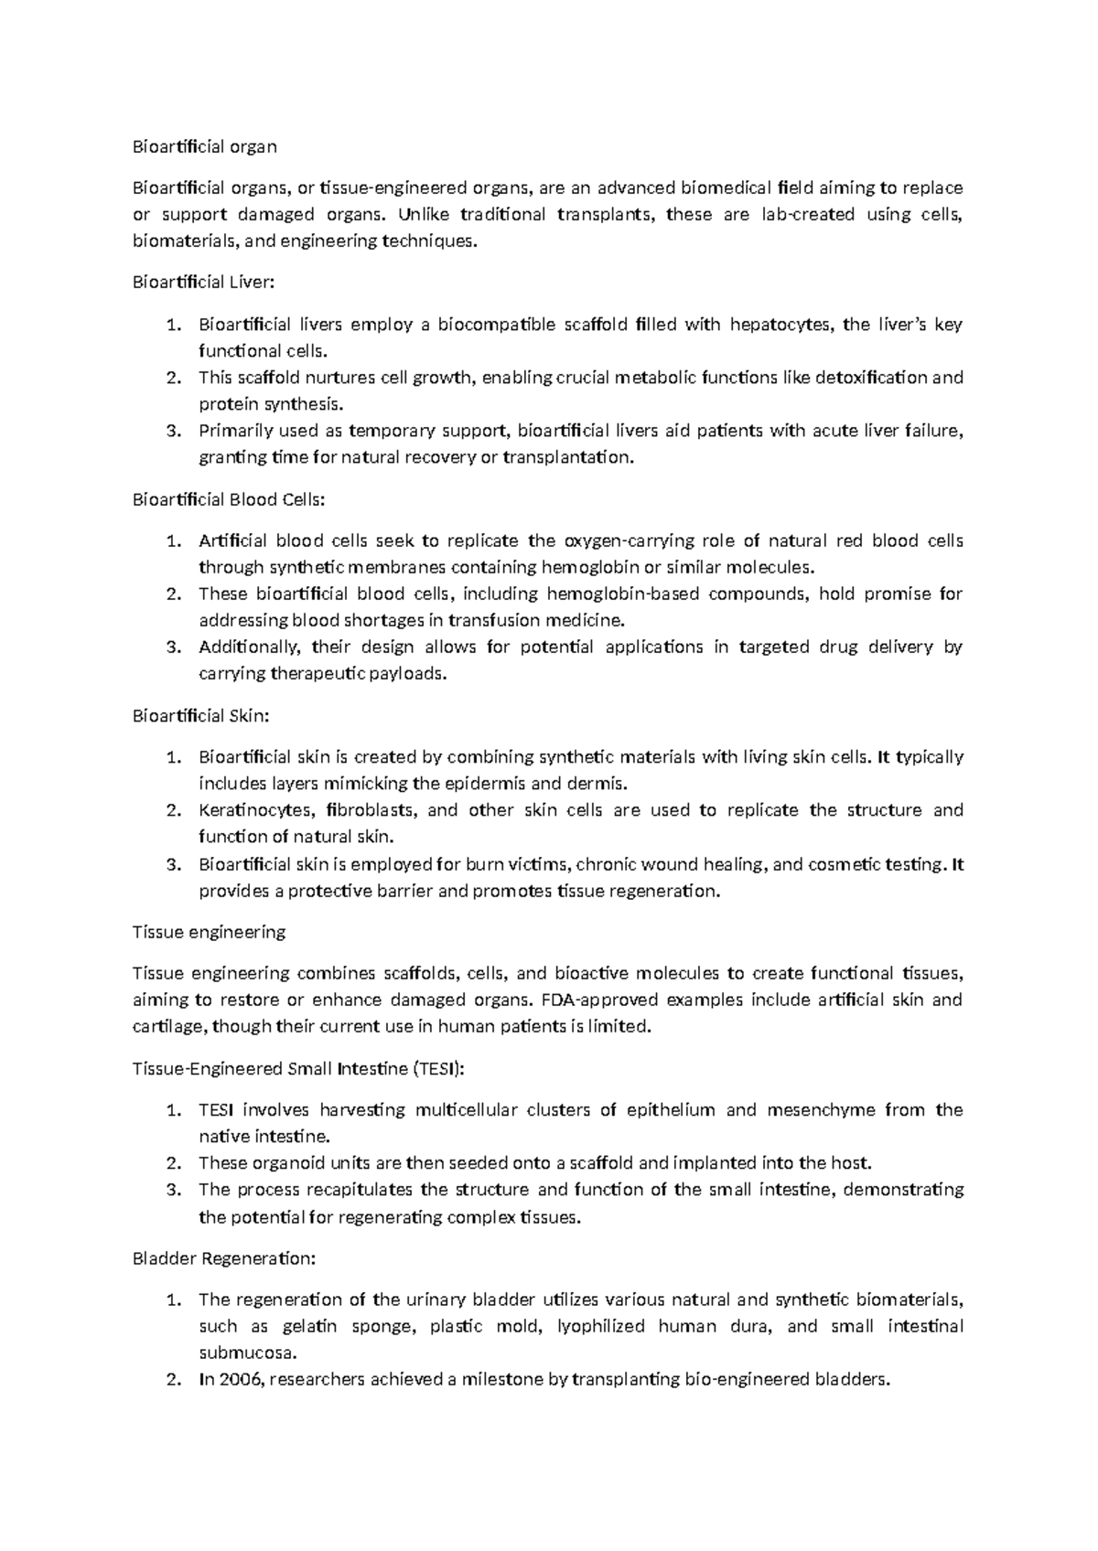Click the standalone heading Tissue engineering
[x=209, y=932]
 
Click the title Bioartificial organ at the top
[x=204, y=146]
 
